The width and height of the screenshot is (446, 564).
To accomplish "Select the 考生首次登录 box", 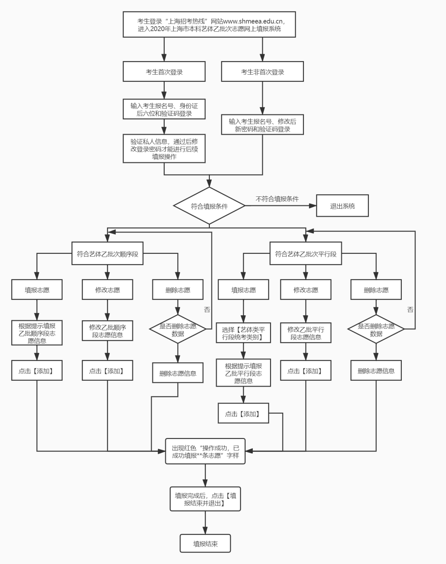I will [164, 72].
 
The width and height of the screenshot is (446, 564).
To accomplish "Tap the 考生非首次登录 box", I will [262, 72].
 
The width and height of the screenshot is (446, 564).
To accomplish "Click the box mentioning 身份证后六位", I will [164, 109].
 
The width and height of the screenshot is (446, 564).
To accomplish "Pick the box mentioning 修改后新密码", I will [262, 125].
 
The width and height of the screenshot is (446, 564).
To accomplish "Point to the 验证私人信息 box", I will [164, 149].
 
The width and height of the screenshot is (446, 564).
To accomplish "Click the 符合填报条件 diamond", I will [209, 206].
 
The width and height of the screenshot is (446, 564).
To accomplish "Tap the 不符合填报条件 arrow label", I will [277, 199].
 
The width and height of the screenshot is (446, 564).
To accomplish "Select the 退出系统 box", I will [342, 206].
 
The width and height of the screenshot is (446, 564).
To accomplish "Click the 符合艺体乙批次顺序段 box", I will [107, 254].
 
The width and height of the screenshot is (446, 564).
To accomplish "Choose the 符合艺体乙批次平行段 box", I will [306, 254].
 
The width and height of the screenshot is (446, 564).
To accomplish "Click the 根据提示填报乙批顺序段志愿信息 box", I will [37, 333].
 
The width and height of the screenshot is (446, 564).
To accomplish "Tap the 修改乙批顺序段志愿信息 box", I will [107, 331].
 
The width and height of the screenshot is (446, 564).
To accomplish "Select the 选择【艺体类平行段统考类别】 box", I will [243, 333].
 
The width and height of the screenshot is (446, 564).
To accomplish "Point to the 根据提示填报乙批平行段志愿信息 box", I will [243, 373].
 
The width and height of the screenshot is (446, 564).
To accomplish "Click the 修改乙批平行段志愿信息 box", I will [306, 333].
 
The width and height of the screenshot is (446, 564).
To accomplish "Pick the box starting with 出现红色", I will [205, 451].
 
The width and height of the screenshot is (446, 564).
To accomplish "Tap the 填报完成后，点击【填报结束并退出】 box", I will [205, 499].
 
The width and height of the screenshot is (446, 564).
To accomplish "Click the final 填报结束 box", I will [205, 544].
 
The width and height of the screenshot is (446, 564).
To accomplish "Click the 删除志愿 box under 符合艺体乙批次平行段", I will [376, 290].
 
